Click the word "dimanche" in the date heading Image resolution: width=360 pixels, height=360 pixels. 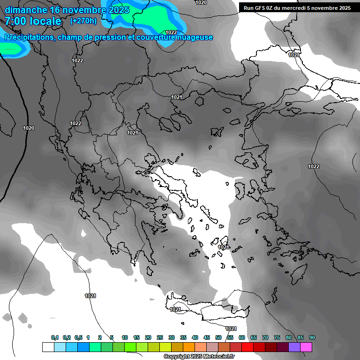click(x=26, y=10)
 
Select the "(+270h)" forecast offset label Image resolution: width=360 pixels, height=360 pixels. click(x=83, y=21)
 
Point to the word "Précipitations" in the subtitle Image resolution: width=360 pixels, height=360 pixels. click(x=29, y=37)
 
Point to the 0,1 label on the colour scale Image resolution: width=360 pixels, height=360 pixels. click(x=55, y=338)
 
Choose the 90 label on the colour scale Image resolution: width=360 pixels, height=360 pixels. click(x=312, y=338)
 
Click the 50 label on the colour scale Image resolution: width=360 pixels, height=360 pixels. click(x=218, y=338)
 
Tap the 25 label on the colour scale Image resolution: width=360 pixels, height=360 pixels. click(x=160, y=338)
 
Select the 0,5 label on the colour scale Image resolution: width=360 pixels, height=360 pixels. click(x=78, y=338)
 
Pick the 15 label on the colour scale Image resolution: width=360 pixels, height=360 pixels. click(x=136, y=338)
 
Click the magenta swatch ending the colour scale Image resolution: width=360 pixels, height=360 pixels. click(x=306, y=347)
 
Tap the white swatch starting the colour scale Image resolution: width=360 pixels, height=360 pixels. click(x=48, y=347)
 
